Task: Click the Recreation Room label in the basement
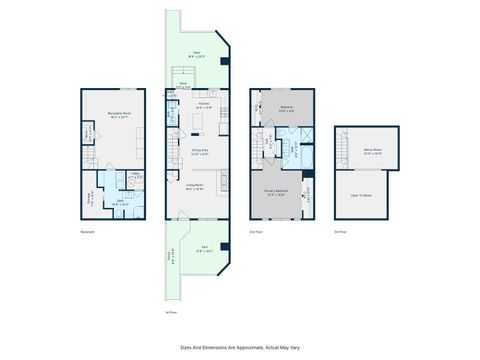coord(121,116)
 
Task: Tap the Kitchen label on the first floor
coord(203,104)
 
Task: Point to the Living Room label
coord(195,186)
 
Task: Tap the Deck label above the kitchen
coord(183,85)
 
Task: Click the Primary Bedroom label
coord(278,193)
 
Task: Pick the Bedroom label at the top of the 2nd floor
coord(285,107)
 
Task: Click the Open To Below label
coord(360,195)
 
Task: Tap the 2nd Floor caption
coord(257,231)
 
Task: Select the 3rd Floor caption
coord(341,231)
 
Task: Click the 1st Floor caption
coord(170,311)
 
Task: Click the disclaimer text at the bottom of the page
coord(240,347)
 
